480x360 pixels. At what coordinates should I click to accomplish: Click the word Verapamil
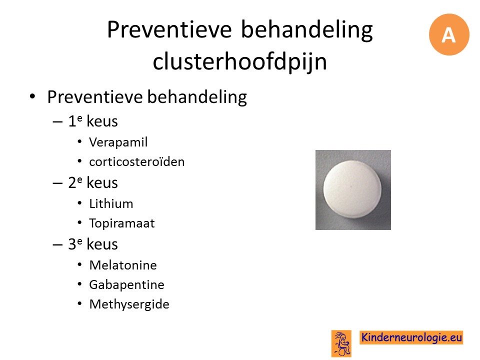tap(118, 142)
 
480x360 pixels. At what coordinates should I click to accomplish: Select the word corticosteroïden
tap(137, 161)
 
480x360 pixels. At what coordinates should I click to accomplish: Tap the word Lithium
tap(111, 203)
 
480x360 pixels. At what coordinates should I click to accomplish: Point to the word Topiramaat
tap(122, 223)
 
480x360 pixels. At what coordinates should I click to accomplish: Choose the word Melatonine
tap(123, 265)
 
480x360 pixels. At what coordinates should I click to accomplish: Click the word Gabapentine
tap(126, 284)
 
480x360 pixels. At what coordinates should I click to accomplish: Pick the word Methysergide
tap(129, 304)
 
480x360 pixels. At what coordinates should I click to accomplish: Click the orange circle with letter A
tap(449, 34)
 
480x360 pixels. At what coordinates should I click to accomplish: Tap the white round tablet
tap(352, 189)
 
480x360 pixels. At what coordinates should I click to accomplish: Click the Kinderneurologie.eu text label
tap(411, 337)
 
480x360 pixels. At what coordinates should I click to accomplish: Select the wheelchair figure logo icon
tap(341, 343)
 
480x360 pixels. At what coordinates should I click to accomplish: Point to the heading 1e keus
tap(93, 121)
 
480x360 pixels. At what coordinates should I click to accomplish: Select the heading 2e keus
tap(93, 183)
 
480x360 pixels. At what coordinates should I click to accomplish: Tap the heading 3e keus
tap(93, 244)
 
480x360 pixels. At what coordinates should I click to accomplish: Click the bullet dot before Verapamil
tap(79, 141)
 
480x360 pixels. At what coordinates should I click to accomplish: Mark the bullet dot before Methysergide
tap(79, 303)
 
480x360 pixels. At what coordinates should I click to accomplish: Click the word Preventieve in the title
tap(169, 29)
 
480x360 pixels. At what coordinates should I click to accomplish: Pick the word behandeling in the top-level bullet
tap(197, 97)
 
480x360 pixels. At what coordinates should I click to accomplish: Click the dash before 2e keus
tap(57, 183)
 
